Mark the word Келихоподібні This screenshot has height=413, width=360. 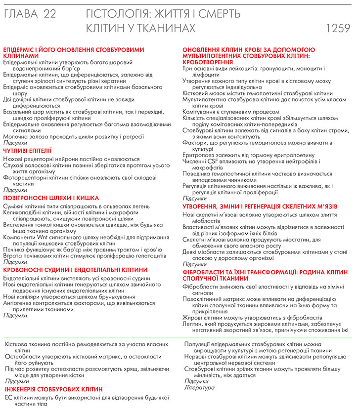point(24,211)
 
